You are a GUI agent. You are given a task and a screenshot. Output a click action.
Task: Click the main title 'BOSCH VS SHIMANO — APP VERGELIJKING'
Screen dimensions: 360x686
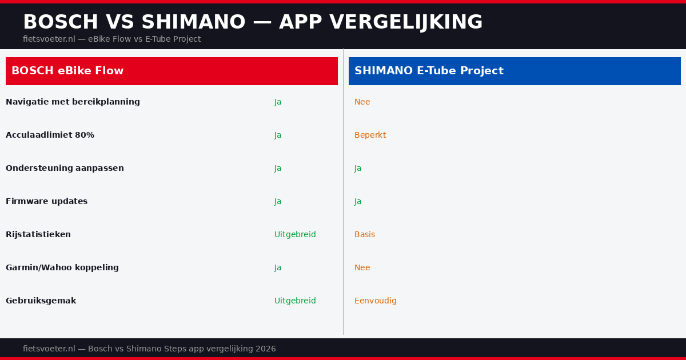pos(253,22)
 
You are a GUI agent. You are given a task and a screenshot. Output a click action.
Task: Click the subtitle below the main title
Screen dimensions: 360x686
pos(111,39)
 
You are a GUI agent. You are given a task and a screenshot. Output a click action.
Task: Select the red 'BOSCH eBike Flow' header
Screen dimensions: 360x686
pos(171,71)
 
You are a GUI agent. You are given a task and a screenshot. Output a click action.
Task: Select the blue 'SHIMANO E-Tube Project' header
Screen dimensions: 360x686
pos(514,71)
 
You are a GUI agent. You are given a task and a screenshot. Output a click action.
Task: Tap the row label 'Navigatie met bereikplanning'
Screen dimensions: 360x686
pos(73,102)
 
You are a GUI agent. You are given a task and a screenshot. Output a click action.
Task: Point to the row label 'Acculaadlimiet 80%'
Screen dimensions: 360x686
pos(50,135)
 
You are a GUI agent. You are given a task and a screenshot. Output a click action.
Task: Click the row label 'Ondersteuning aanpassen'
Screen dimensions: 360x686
pos(65,168)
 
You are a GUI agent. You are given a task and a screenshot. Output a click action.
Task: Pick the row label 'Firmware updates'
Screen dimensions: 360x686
pos(46,201)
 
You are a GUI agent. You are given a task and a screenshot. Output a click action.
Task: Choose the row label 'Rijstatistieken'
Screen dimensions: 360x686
pos(38,234)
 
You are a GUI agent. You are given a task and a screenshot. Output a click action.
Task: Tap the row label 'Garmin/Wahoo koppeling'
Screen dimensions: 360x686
pos(62,267)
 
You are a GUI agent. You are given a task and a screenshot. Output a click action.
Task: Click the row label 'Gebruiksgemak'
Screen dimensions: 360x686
pos(41,301)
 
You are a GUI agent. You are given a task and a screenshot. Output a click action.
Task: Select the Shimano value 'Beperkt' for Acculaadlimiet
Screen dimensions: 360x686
pos(370,135)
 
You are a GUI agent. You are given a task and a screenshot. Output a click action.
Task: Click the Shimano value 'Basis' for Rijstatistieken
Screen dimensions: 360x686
pos(365,234)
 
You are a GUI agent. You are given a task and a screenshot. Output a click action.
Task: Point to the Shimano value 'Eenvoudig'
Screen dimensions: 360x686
pos(375,301)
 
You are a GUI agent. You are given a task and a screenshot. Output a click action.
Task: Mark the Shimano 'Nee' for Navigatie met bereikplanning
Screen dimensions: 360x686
pos(362,102)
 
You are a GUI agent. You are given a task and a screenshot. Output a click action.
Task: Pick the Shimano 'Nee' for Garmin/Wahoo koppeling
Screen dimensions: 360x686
pos(362,267)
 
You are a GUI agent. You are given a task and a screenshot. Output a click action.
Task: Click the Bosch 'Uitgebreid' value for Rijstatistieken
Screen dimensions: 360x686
pos(295,234)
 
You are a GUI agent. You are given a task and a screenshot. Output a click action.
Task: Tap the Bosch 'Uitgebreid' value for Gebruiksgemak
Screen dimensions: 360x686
pos(295,301)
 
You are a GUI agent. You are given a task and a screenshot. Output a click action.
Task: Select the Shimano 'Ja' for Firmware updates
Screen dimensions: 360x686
pos(358,201)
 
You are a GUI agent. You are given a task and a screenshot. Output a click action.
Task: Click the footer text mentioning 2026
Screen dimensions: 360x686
pos(149,349)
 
